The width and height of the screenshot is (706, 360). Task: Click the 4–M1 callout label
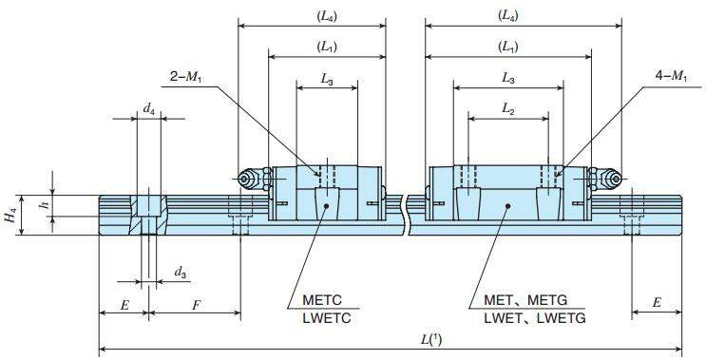672,77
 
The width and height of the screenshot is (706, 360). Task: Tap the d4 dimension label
148,110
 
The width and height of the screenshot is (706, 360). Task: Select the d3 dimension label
181,273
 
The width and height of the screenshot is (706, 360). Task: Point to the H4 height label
10,215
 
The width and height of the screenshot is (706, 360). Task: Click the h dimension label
44,205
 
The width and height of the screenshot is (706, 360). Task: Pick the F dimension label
197,306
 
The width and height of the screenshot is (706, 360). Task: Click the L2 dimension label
508,110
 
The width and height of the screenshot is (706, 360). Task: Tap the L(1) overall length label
431,340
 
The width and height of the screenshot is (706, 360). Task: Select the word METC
322,300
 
